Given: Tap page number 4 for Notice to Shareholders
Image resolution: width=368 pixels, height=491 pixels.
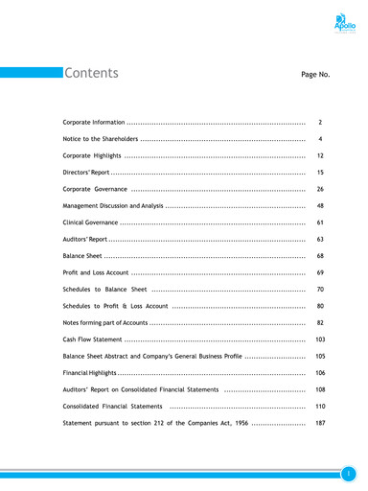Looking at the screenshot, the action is [320, 139].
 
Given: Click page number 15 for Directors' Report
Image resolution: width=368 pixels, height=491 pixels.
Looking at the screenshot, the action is [320, 172].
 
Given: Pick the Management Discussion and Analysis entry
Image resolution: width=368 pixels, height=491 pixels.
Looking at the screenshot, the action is [112, 206].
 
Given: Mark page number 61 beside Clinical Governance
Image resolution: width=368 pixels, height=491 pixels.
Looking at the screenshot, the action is [320, 222].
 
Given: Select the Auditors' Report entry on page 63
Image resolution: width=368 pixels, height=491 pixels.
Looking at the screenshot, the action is [85, 239].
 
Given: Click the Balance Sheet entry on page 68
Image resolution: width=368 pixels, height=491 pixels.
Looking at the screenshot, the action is [82, 256].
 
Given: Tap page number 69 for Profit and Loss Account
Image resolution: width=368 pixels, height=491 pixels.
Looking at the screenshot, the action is [320, 272].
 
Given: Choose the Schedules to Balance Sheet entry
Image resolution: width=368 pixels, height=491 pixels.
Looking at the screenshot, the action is [104, 289].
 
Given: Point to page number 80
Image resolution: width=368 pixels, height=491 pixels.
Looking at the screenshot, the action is [320, 306].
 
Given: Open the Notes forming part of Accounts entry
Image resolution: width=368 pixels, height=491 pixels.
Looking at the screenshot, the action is [105, 322].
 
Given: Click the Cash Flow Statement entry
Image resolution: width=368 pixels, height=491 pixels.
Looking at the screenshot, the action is [92, 339].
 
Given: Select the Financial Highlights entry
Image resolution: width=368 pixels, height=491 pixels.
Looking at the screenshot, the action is [91, 372].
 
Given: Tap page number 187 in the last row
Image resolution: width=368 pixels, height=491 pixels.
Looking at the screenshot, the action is [320, 422].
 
